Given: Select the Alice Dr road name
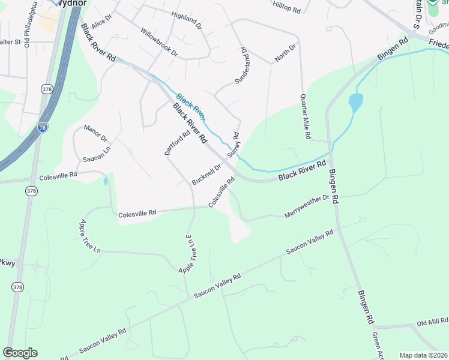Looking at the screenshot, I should point(102,22).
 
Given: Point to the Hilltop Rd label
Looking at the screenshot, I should point(286,7).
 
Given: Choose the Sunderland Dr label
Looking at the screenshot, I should point(241,66).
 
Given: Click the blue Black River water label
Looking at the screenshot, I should point(191,103).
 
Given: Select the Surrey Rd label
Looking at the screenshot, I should point(233,145).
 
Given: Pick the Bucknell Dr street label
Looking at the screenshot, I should point(206,174).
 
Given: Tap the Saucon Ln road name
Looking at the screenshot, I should point(97,154).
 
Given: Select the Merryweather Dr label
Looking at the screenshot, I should point(307,206).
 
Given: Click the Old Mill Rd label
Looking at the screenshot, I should point(433,323).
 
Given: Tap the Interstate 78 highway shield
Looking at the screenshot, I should point(42,127).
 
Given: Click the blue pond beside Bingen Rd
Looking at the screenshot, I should point(355,103).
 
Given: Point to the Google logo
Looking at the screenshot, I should point(20,353).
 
